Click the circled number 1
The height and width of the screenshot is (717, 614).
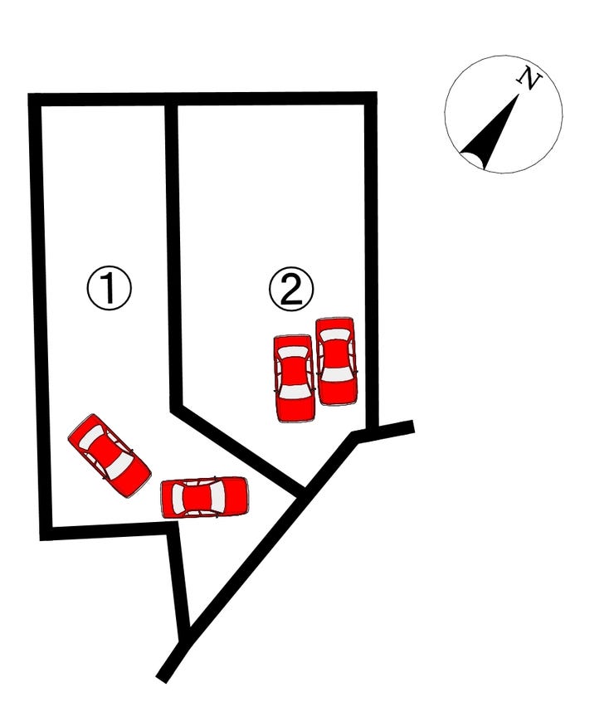tap(110, 288)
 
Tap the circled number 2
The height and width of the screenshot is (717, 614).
tap(291, 289)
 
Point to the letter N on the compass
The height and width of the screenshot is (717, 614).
tap(529, 78)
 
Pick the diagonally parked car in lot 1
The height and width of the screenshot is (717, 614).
tap(110, 456)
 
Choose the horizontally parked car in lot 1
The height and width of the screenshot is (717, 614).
tap(204, 498)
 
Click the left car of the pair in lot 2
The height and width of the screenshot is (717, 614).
tap(295, 378)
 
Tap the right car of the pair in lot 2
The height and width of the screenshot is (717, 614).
tap(337, 361)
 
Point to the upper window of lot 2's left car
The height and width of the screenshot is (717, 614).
tap(294, 353)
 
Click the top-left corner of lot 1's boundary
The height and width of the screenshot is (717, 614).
tap(35, 100)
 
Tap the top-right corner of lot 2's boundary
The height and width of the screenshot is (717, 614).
tap(371, 98)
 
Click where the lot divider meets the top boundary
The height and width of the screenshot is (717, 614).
tap(171, 100)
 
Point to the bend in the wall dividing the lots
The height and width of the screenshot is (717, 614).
tap(177, 408)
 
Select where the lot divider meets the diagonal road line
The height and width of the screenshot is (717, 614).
tap(300, 492)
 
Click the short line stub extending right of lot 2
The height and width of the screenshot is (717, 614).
tap(384, 432)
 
